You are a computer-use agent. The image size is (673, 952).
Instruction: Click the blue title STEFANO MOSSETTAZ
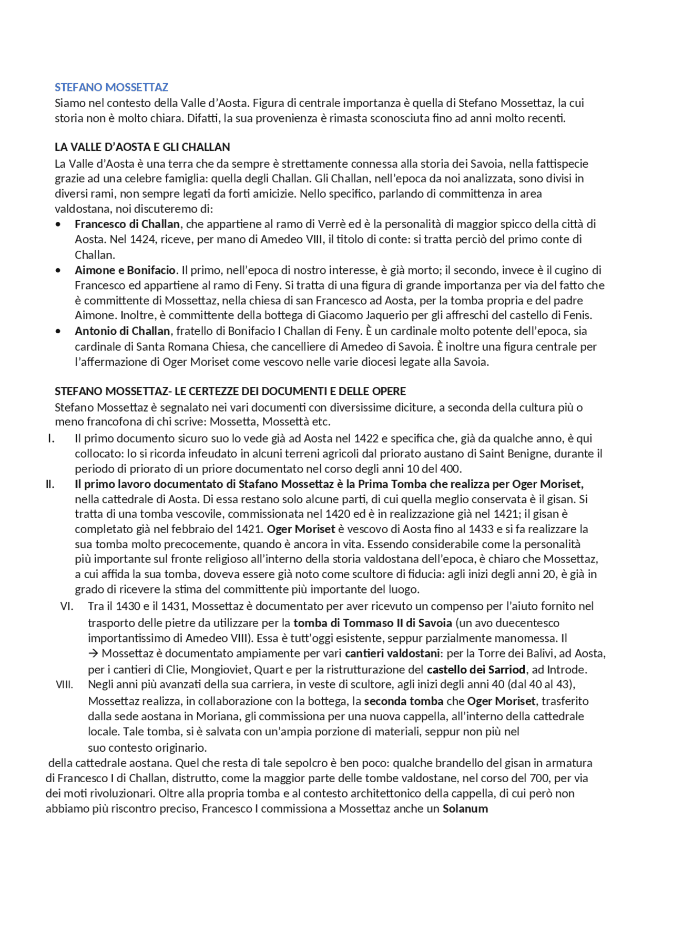pyautogui.click(x=111, y=87)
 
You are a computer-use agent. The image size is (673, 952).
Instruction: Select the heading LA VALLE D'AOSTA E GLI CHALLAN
pyautogui.click(x=142, y=147)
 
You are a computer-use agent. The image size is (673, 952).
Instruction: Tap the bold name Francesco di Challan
pyautogui.click(x=127, y=224)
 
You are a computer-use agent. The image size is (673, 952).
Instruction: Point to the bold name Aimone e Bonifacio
pyautogui.click(x=125, y=270)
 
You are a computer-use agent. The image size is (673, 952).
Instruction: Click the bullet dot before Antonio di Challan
pyautogui.click(x=58, y=331)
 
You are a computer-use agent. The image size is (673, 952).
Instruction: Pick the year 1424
pyautogui.click(x=142, y=239)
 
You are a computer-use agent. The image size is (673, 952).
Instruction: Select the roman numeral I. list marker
pyautogui.click(x=51, y=438)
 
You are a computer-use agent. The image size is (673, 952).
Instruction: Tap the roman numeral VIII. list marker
pyautogui.click(x=64, y=685)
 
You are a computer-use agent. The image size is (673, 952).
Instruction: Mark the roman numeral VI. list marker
pyautogui.click(x=67, y=606)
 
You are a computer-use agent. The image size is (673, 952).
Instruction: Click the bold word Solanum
pyautogui.click(x=465, y=809)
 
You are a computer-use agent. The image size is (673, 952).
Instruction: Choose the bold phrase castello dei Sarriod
pyautogui.click(x=476, y=670)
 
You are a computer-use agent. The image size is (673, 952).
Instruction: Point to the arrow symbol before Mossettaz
pyautogui.click(x=94, y=654)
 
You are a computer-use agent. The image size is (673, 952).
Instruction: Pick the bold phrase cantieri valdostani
pyautogui.click(x=392, y=654)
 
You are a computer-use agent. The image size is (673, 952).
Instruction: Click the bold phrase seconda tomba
pyautogui.click(x=403, y=701)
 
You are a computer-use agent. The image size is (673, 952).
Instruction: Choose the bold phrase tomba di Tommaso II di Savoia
pyautogui.click(x=372, y=623)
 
